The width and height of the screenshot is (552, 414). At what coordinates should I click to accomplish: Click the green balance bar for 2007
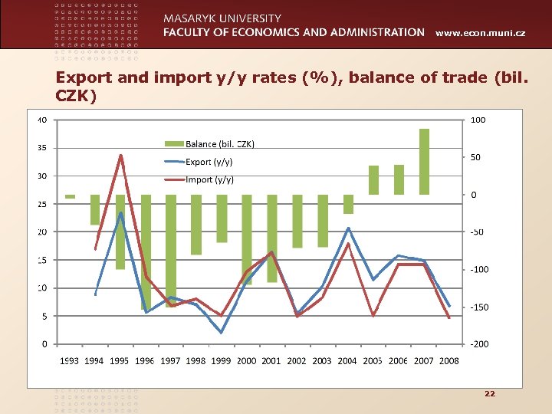(x=424, y=162)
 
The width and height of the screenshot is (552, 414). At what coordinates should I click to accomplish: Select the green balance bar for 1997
(x=171, y=251)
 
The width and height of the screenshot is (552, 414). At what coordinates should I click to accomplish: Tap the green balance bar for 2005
(x=373, y=180)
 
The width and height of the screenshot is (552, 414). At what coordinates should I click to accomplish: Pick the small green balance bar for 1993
(x=70, y=196)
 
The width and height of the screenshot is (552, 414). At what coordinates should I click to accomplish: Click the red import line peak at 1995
(x=120, y=156)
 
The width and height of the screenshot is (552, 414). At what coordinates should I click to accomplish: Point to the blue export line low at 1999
(x=222, y=332)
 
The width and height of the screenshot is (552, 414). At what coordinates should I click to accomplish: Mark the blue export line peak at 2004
(x=348, y=228)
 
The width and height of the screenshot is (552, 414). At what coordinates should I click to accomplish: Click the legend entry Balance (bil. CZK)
(x=219, y=144)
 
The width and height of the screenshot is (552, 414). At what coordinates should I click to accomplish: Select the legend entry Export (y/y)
(x=209, y=162)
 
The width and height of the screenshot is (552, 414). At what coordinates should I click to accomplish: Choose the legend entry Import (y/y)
(x=209, y=179)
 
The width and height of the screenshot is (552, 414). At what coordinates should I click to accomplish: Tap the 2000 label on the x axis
(x=246, y=360)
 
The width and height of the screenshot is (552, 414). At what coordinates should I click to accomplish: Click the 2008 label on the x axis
(x=449, y=360)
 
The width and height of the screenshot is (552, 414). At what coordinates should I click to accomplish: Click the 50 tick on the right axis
(x=476, y=157)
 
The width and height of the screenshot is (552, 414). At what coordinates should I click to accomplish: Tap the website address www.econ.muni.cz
(x=480, y=34)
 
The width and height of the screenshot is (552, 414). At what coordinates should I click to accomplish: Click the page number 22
(x=490, y=393)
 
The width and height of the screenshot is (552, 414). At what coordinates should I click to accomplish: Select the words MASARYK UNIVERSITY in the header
(x=222, y=18)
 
